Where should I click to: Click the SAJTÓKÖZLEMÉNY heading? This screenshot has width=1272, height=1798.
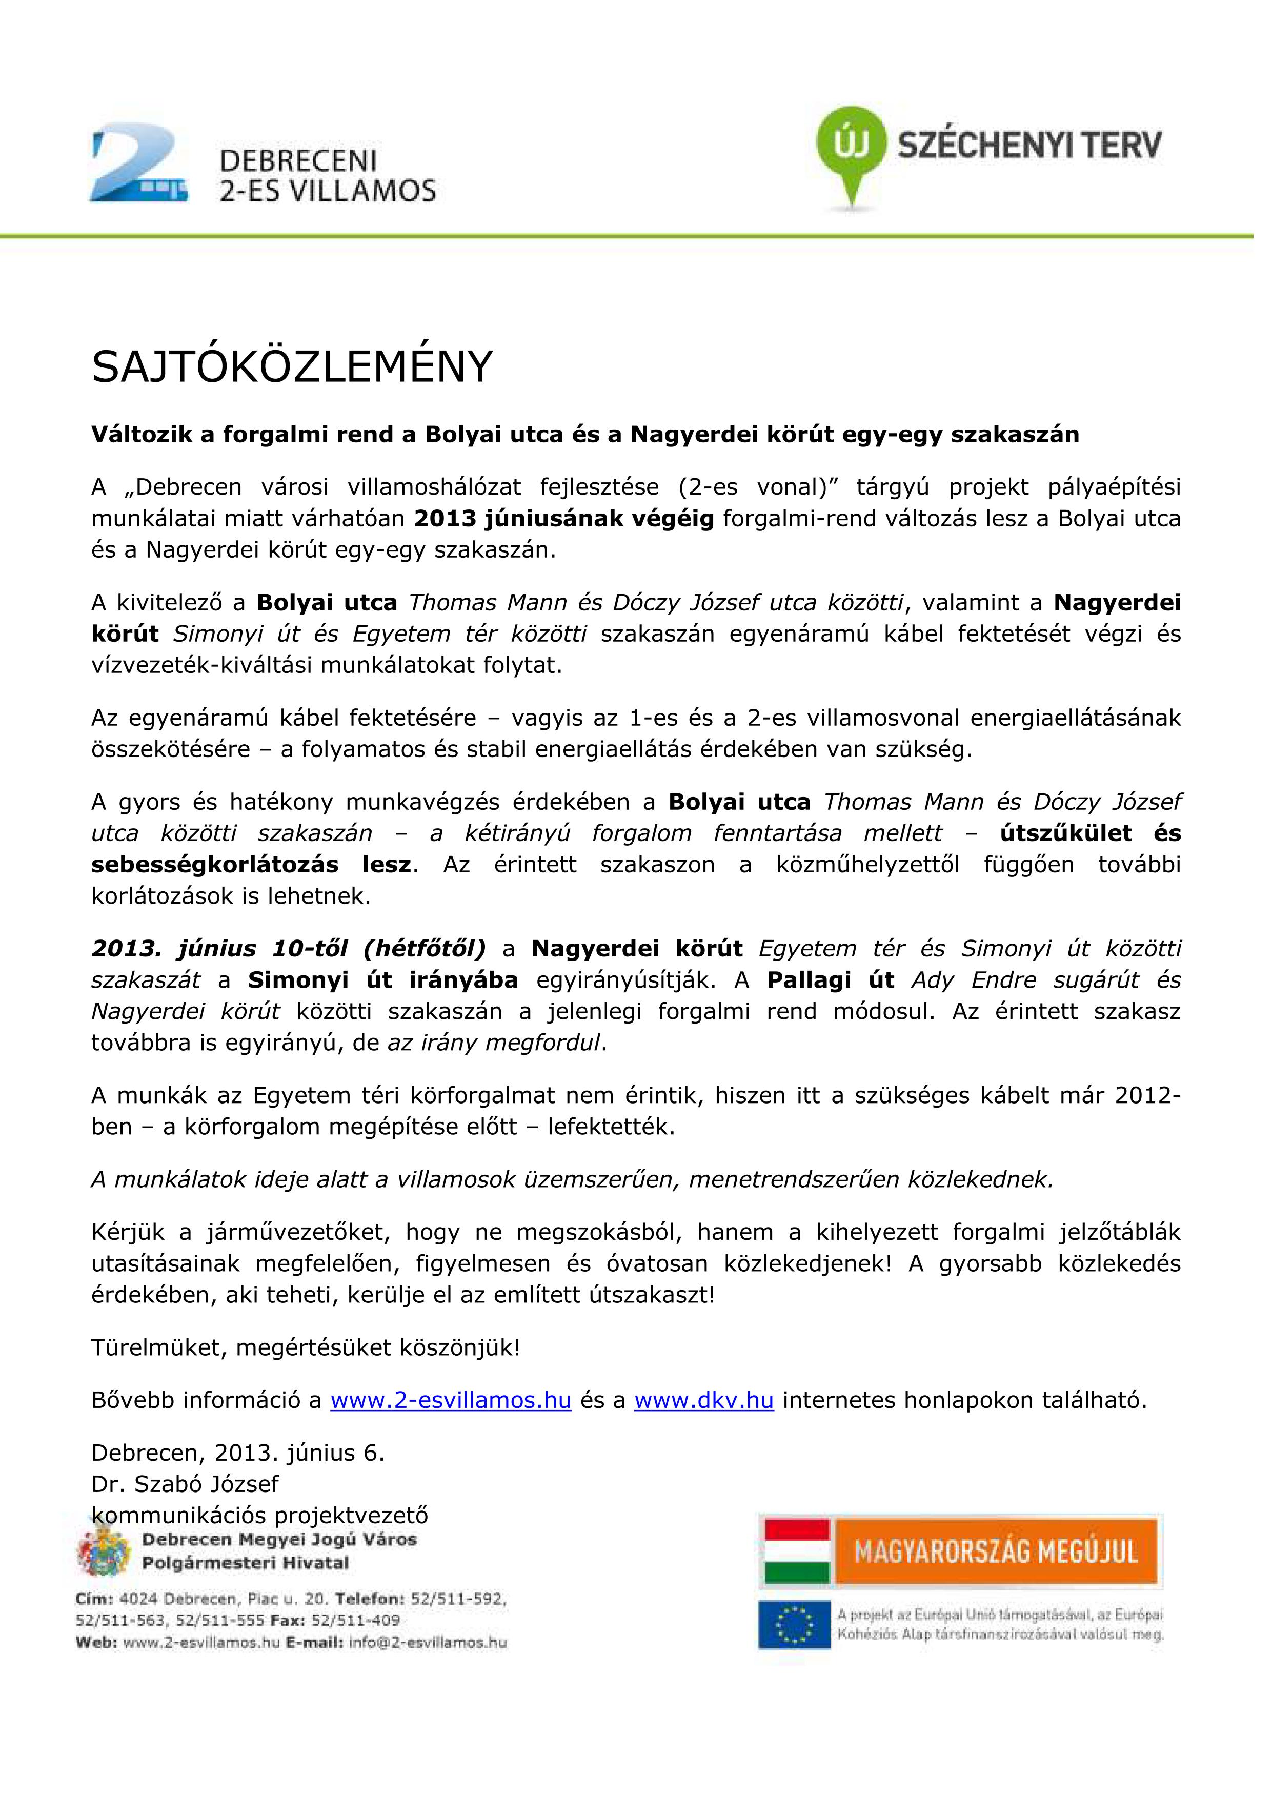click(292, 367)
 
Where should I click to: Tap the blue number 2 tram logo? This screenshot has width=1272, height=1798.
click(138, 163)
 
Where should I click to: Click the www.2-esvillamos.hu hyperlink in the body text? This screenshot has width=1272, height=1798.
click(451, 1401)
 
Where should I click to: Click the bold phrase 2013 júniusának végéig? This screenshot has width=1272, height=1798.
click(564, 519)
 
